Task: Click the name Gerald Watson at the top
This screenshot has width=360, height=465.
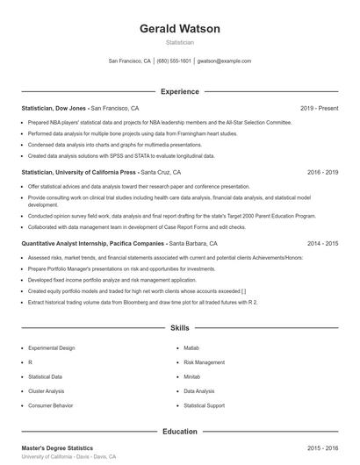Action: (180, 29)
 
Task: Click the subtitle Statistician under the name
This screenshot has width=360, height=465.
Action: (180, 42)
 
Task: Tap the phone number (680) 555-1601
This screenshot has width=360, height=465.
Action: (174, 61)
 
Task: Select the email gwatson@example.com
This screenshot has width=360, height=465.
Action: (225, 61)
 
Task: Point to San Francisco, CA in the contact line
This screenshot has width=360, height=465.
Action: (130, 61)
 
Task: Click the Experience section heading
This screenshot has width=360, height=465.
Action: (180, 91)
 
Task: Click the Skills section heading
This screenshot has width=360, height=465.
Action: (180, 328)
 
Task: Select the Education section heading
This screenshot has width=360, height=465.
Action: (180, 432)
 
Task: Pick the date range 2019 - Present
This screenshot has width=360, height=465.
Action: (319, 108)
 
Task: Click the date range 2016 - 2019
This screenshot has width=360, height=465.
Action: (322, 173)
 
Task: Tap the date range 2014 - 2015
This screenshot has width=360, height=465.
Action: (322, 243)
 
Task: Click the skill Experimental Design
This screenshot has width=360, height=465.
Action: (52, 347)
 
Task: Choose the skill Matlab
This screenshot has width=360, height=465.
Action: (192, 347)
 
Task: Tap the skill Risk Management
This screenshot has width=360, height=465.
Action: (205, 361)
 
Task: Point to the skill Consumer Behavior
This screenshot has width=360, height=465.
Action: (51, 406)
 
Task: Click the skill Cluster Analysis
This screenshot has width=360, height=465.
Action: (47, 391)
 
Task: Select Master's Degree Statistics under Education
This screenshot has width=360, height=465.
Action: (57, 448)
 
